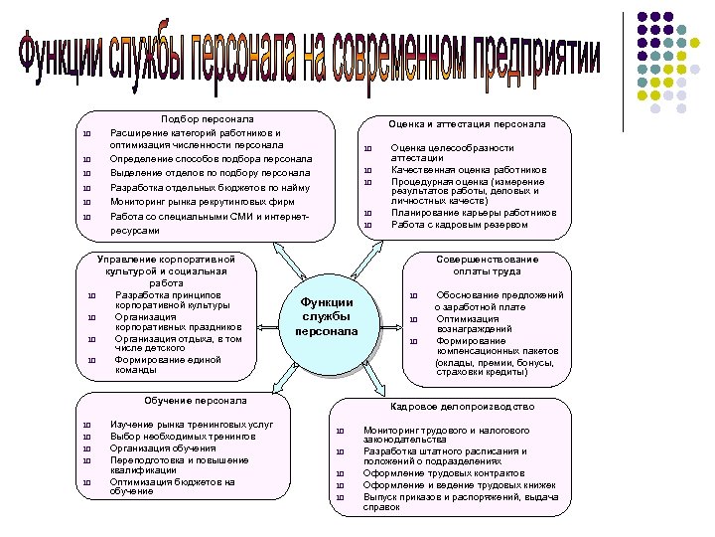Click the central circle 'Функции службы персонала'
327,316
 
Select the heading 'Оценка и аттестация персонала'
466,124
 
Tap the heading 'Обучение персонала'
195,401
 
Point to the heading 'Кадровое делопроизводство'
462,407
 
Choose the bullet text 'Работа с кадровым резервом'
459,224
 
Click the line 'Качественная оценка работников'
469,170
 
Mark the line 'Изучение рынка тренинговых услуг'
179,425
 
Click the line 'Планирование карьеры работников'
474,213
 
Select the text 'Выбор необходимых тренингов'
170,437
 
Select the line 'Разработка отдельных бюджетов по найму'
210,187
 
